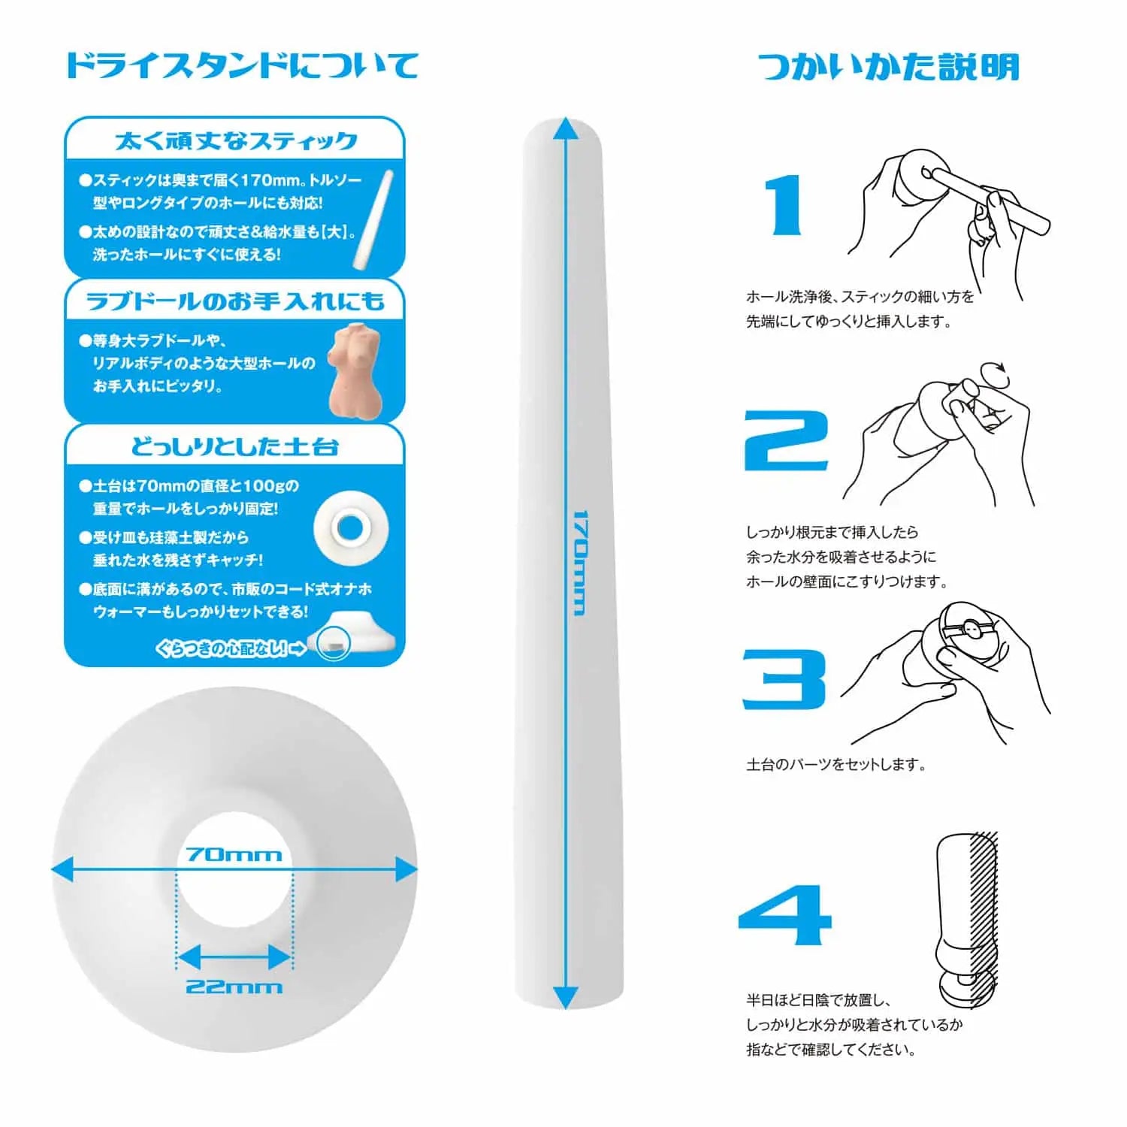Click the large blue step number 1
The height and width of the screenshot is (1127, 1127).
coord(784,205)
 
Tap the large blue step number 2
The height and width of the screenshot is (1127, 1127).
coord(785,441)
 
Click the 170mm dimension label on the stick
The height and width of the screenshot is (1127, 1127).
coord(579,563)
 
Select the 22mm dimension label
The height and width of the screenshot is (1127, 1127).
coord(234,986)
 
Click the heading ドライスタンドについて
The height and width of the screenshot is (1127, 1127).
coord(242,65)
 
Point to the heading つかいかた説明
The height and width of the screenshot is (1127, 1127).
coord(888,67)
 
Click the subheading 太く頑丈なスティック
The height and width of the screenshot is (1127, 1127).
coord(235,140)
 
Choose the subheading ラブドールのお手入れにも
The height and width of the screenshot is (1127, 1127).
coord(235,301)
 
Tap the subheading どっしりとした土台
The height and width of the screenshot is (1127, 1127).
coord(235,447)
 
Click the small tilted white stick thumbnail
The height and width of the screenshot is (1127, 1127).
coord(373,219)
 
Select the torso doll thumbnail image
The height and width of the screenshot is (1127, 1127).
coord(356,370)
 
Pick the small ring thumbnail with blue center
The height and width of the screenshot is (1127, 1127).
coord(351,528)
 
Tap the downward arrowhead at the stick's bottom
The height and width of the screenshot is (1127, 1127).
coord(566,998)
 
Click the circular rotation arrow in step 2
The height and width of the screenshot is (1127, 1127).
coord(996,369)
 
